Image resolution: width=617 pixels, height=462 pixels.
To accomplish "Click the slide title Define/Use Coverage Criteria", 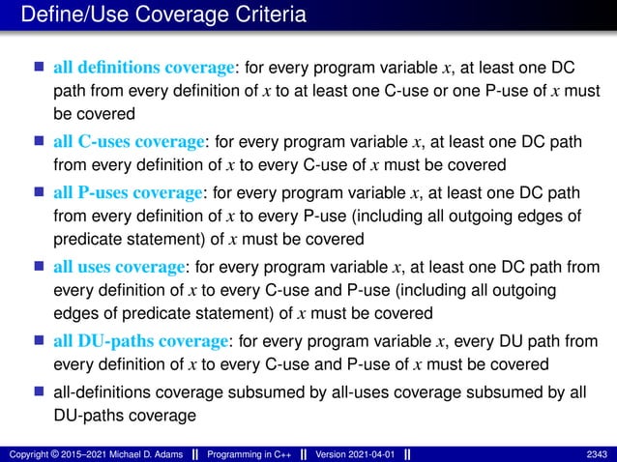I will click(x=163, y=15).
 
